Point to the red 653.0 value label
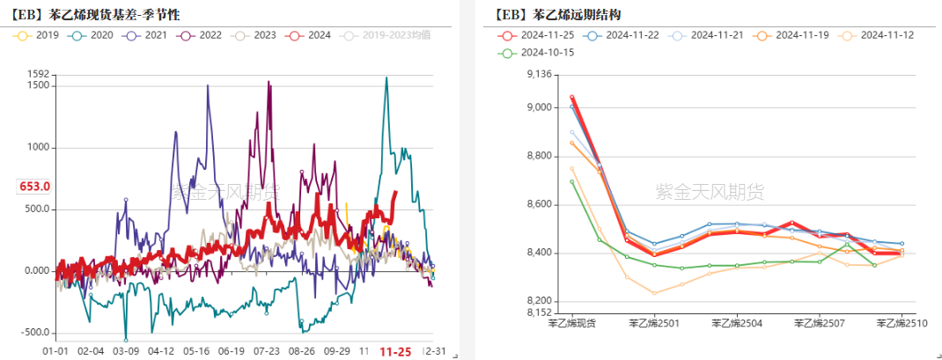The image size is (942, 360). click(34, 187)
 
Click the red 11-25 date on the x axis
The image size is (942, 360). click(395, 351)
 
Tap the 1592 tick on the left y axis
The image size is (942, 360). click(38, 74)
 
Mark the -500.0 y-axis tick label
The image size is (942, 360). click(34, 333)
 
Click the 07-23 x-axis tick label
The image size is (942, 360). click(267, 350)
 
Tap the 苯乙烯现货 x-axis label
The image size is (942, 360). click(571, 324)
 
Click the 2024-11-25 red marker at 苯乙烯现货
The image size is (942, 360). click(571, 97)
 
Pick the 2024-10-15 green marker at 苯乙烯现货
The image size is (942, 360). click(571, 182)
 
